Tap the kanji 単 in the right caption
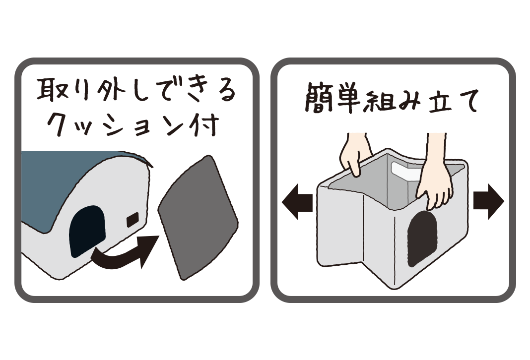(348, 99)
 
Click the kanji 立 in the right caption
(440, 100)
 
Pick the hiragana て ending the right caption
(468, 100)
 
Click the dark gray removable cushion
(198, 218)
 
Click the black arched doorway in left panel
(87, 232)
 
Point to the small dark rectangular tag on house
(132, 220)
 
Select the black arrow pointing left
(297, 202)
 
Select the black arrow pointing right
(489, 202)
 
